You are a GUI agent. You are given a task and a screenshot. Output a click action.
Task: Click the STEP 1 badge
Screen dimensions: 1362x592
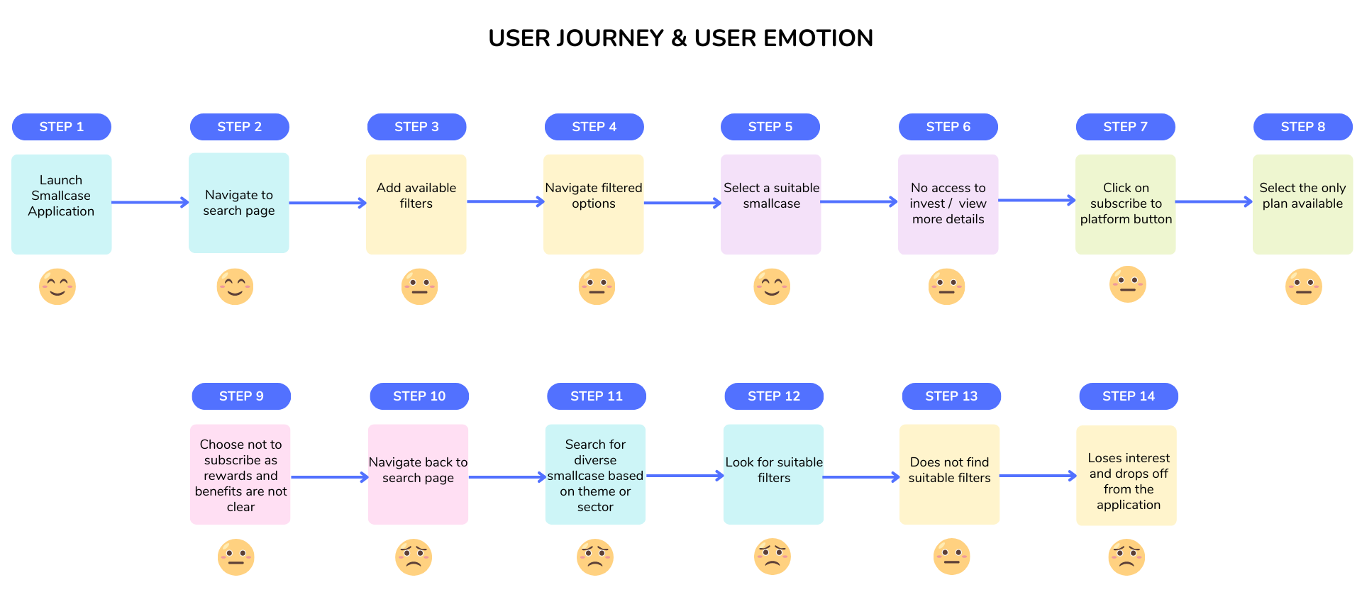tap(62, 127)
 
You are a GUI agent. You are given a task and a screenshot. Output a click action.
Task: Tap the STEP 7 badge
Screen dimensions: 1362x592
tap(1126, 127)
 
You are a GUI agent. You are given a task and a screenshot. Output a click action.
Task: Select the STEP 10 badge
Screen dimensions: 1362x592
tap(419, 396)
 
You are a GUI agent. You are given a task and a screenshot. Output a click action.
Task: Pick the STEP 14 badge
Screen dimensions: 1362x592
tap(1129, 396)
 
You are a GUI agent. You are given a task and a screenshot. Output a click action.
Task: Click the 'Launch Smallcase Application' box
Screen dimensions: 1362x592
tap(62, 204)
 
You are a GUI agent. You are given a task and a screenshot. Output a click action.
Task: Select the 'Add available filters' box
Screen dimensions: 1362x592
tap(416, 204)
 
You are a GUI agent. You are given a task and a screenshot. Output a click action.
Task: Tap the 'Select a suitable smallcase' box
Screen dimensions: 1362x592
tap(771, 204)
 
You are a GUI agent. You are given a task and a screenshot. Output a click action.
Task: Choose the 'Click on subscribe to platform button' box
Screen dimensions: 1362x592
tap(1126, 204)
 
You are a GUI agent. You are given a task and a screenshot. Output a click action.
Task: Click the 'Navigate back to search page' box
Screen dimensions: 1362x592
tap(419, 474)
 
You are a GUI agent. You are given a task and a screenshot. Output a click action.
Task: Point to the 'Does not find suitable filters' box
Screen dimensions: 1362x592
tap(950, 474)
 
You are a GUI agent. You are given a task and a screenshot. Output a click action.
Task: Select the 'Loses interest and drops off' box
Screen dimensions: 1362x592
tap(1126, 475)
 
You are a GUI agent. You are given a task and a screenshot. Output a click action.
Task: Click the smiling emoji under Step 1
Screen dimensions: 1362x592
tap(57, 286)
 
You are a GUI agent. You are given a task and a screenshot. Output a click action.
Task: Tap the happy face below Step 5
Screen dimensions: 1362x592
tap(772, 286)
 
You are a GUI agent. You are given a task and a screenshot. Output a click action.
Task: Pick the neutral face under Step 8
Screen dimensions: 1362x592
tap(1304, 286)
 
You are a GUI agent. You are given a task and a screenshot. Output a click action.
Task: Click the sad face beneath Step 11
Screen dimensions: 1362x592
tap(595, 557)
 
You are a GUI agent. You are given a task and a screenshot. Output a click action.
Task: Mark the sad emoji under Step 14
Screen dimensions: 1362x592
tap(1126, 557)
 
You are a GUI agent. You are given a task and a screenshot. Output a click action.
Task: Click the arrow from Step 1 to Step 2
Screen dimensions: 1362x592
tap(150, 203)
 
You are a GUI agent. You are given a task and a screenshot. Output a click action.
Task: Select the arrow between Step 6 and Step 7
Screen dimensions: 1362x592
tap(1037, 201)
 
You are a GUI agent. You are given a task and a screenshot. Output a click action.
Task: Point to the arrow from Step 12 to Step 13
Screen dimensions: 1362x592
tap(861, 477)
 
